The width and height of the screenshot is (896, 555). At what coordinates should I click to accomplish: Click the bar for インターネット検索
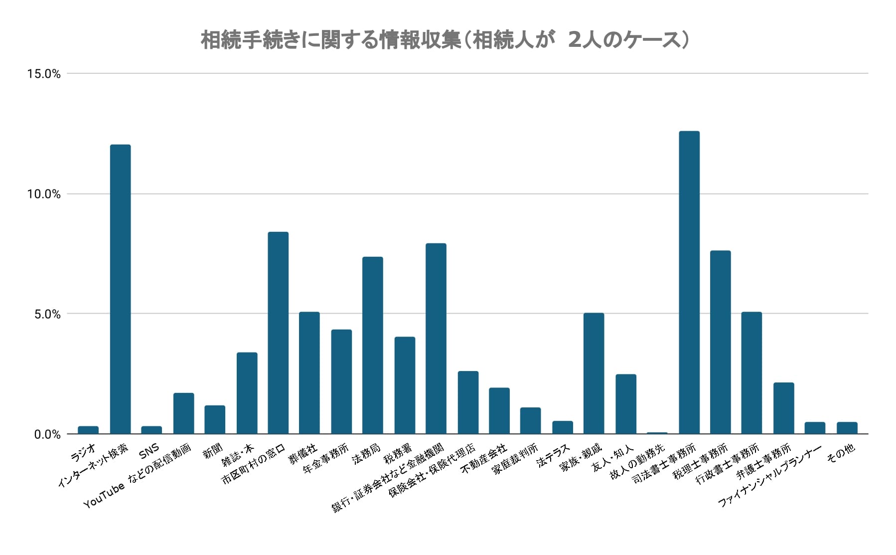(x=120, y=289)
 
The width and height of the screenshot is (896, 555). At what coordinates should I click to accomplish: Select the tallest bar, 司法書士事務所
(x=689, y=282)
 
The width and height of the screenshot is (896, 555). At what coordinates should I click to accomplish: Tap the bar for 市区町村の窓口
(x=278, y=333)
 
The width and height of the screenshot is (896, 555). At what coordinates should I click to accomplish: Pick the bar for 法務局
(x=372, y=345)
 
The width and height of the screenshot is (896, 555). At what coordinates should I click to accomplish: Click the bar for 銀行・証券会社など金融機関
(x=436, y=339)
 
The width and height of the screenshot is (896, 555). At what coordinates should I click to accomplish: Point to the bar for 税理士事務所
(x=720, y=342)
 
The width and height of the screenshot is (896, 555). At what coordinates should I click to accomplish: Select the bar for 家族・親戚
(x=594, y=373)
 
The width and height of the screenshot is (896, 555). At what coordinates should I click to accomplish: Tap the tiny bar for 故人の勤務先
(x=657, y=433)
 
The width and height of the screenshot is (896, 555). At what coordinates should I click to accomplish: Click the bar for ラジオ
(x=88, y=430)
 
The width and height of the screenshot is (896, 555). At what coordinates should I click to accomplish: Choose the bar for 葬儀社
(x=309, y=372)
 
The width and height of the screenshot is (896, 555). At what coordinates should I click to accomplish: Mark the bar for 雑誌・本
(x=247, y=393)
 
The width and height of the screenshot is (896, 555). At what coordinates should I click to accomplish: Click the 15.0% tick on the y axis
(x=44, y=74)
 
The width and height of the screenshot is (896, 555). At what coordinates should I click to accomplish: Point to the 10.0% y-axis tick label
(x=44, y=194)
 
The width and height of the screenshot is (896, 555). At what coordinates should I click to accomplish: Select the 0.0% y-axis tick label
(x=47, y=435)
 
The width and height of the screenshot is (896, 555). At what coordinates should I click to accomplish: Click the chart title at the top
(x=445, y=41)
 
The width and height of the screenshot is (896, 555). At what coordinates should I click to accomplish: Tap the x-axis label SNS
(x=149, y=452)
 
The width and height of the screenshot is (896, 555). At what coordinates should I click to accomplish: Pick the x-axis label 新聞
(x=213, y=452)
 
